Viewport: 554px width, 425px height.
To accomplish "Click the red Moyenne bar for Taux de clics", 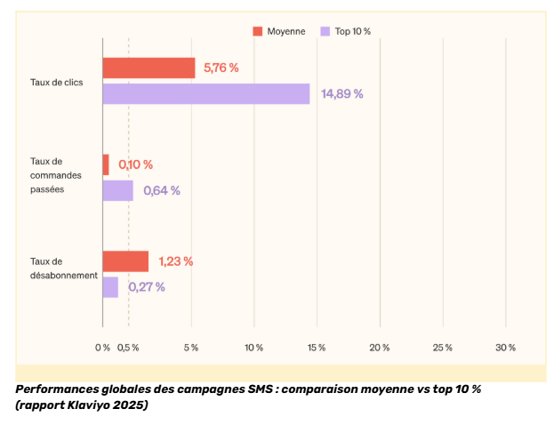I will coord(149,68).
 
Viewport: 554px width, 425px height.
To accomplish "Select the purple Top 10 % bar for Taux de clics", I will coord(205,93).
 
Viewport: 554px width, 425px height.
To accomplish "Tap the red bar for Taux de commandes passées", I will coord(106,164).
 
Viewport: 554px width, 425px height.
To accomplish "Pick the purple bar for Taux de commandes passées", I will coord(117,190).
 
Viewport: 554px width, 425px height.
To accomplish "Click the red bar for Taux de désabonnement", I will coord(125,261).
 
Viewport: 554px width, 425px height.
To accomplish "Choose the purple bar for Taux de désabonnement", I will coord(110,287).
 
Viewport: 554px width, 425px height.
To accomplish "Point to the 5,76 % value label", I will coord(221,68).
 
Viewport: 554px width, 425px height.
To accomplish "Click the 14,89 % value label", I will coord(342,93).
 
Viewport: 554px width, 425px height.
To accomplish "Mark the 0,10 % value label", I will coord(136,164).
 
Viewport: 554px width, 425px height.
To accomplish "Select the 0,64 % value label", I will coord(162,190).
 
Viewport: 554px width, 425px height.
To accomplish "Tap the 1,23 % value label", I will coord(176,261).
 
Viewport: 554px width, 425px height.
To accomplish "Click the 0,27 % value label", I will coord(147,287).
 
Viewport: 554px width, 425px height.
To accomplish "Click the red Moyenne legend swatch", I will coord(258,31).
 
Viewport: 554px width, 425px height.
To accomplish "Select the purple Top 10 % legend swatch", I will coord(325,31).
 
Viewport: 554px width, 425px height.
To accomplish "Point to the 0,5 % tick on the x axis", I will coord(129,347).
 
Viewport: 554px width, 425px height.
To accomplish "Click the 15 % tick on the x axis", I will coord(317,347).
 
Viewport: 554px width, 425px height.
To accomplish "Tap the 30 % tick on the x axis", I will coord(505,347).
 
